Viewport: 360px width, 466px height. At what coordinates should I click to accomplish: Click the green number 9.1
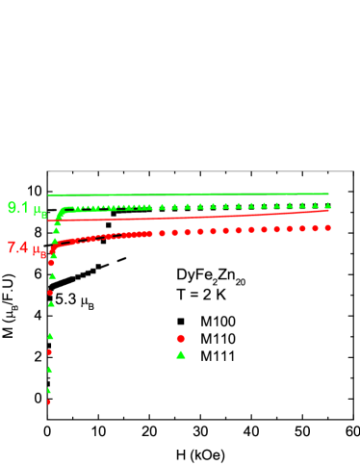[18, 207]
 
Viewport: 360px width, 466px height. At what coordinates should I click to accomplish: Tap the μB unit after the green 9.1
[39, 211]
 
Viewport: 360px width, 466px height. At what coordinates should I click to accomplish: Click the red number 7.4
[17, 247]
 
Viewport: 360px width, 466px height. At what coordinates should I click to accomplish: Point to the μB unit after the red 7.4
[39, 250]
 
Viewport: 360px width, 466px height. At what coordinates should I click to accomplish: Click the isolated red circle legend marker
[180, 338]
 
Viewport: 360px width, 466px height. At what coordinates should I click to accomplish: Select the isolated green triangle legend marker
[180, 354]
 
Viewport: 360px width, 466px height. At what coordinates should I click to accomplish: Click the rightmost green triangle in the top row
[327, 205]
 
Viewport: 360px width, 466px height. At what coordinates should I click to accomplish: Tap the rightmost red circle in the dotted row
[327, 227]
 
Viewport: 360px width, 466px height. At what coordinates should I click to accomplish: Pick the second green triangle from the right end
[315, 205]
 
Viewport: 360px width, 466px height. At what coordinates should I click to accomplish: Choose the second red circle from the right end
[315, 228]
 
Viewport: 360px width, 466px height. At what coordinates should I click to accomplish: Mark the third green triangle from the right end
[302, 205]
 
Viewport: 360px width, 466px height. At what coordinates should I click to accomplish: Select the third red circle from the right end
[302, 228]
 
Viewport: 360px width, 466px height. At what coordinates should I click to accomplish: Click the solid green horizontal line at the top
[193, 194]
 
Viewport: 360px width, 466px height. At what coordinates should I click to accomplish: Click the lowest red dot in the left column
[49, 401]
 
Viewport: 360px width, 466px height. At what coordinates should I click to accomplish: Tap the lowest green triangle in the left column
[49, 390]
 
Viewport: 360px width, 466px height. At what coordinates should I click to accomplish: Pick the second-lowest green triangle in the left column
[49, 369]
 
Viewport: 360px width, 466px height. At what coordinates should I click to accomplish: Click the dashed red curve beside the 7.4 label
[96, 238]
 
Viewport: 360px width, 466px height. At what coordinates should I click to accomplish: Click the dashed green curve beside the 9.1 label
[96, 207]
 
